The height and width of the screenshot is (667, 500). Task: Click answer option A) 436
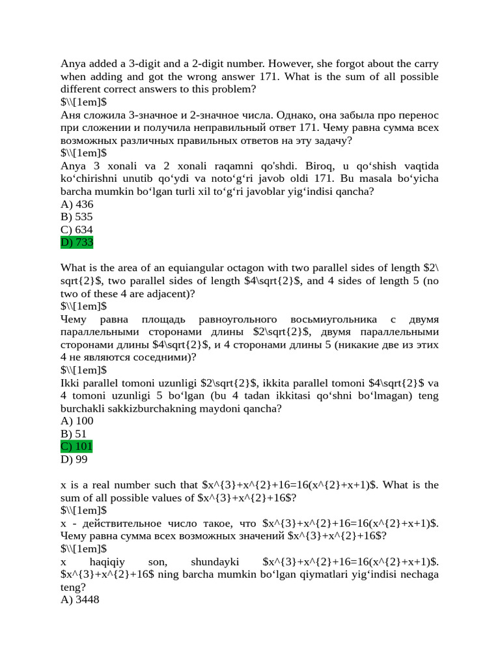click(77, 204)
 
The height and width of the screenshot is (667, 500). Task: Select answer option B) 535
click(77, 217)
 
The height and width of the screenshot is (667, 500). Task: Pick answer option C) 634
click(77, 230)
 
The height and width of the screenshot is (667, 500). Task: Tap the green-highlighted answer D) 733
click(77, 242)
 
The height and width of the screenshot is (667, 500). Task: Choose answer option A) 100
click(77, 421)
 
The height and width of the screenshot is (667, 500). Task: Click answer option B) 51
click(74, 434)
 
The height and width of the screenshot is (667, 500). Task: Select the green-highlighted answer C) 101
click(77, 446)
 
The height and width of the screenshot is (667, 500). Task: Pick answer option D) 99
click(74, 459)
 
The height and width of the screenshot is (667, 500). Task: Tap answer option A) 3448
click(80, 599)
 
